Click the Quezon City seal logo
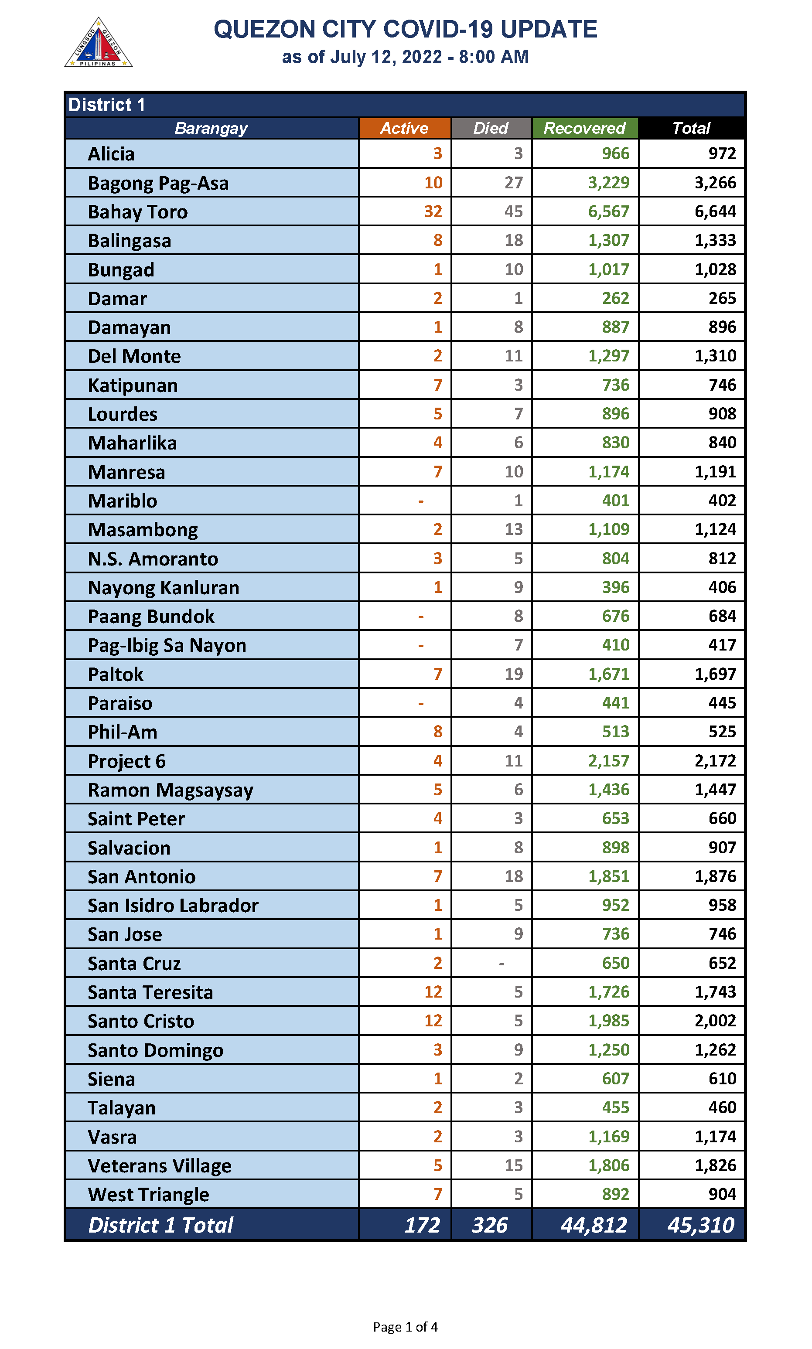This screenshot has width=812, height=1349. [x=99, y=43]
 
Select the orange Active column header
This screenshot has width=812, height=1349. [x=404, y=128]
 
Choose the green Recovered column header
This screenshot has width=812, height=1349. [x=584, y=128]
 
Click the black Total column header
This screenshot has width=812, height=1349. [x=691, y=128]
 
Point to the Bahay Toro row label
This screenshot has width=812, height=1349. [x=138, y=212]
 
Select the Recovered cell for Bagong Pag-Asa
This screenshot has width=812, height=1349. [x=608, y=183]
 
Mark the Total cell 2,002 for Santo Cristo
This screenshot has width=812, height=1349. [x=715, y=1021]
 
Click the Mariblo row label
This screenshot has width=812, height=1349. [x=123, y=501]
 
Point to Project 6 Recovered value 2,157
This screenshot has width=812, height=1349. [x=608, y=761]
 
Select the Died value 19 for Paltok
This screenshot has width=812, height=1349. [x=513, y=674]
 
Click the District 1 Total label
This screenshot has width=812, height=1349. [x=161, y=1225]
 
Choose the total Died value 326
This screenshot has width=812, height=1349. [x=490, y=1225]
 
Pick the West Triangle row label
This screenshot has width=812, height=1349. [x=148, y=1194]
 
